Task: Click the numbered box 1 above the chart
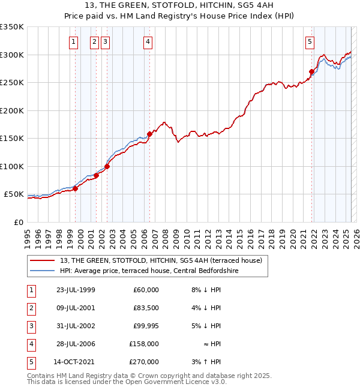coord(73,41)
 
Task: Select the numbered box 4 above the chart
coord(147,41)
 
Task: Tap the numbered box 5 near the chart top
coord(310,41)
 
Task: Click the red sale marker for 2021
coord(311,72)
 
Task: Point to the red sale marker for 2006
coord(149,134)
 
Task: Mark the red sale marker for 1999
coord(76,189)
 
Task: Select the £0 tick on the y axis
coord(18,222)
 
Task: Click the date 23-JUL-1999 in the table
coord(76,290)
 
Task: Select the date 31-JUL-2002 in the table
coord(76,326)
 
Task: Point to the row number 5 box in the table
coord(31,362)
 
